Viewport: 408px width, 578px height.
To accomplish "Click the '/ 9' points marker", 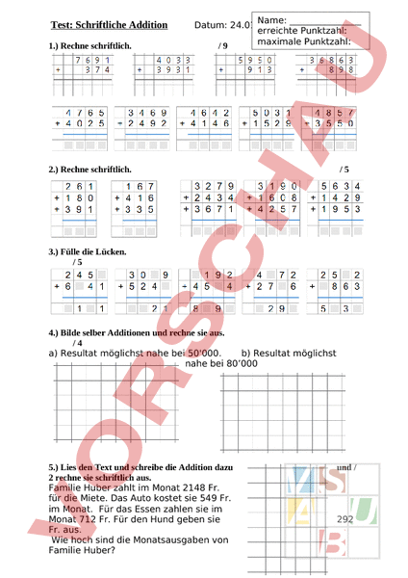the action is [224, 45].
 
